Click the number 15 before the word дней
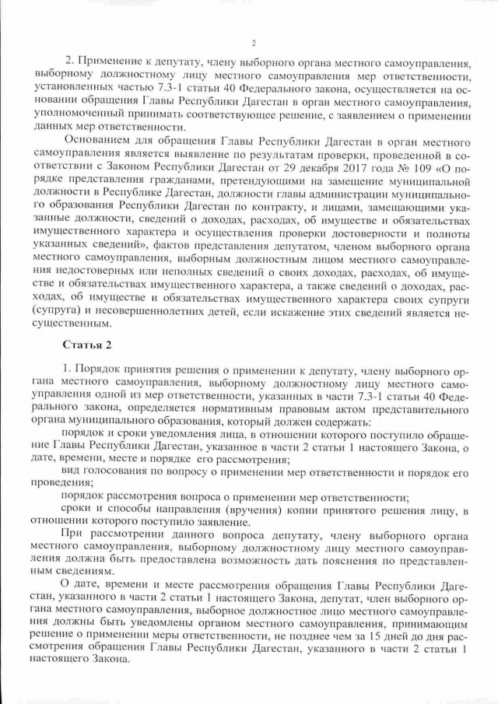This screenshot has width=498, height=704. coord(360,634)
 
